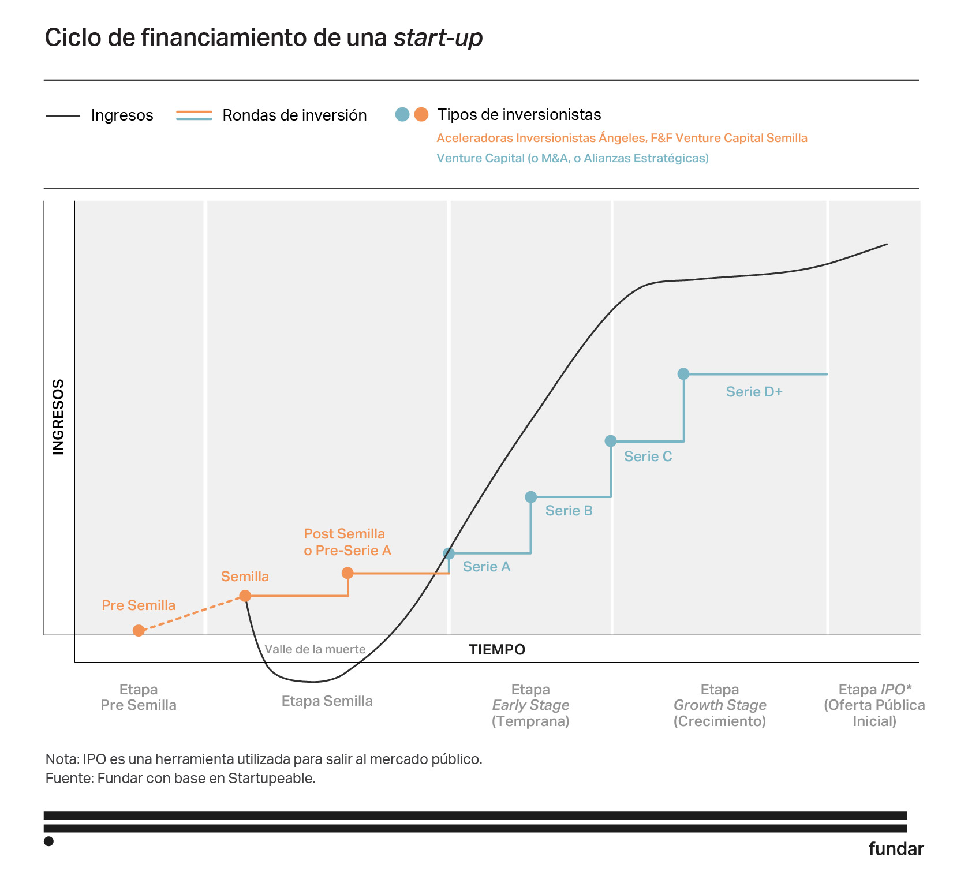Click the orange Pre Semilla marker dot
pos(139,630)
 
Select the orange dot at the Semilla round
pos(245,596)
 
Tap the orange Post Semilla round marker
pos(347,573)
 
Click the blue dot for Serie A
pos(449,553)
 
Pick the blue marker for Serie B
pos(531,497)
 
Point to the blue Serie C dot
pos(611,441)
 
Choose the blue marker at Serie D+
pos(683,374)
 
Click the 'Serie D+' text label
pos(754,392)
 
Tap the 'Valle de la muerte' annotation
pos(315,649)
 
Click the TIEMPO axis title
pos(497,650)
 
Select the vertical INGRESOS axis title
pos(58,417)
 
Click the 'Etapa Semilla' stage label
pos(327,701)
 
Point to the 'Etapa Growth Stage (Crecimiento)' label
pos(720,705)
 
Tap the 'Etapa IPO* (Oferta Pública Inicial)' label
pos(874,705)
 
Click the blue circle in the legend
pos(402,114)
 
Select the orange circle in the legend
pos(421,114)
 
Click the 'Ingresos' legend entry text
pos(122,115)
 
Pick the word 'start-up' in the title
pos(438,38)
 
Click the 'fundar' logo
pos(896,848)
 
